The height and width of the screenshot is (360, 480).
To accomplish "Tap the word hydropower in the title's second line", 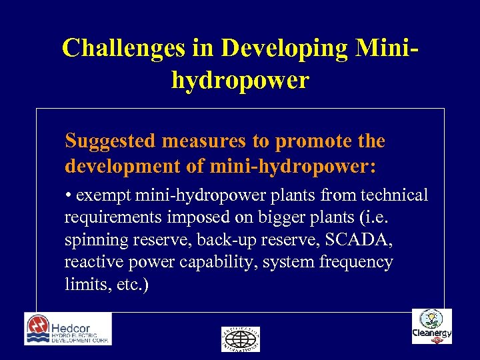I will [240, 80].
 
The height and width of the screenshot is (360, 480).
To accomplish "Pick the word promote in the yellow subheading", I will [312, 141].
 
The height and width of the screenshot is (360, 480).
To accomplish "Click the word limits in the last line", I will [82, 285].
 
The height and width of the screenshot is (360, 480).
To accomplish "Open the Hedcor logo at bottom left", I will [68, 329].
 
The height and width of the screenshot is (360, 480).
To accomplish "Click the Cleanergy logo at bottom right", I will [432, 327].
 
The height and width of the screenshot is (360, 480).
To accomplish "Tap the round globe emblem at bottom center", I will [241, 339].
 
